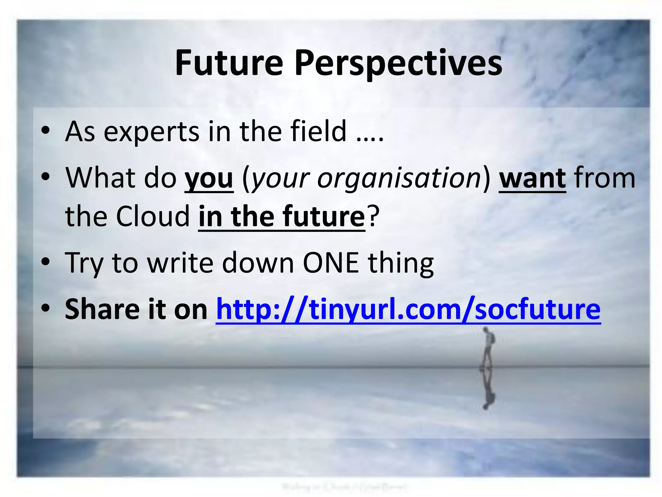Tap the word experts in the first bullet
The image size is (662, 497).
coord(151,132)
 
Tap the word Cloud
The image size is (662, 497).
coord(153,216)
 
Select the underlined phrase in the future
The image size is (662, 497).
coord(282,216)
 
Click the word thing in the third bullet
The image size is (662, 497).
coord(401,263)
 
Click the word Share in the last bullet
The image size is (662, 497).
coord(101,309)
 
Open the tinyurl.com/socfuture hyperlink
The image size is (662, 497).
coord(408,310)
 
